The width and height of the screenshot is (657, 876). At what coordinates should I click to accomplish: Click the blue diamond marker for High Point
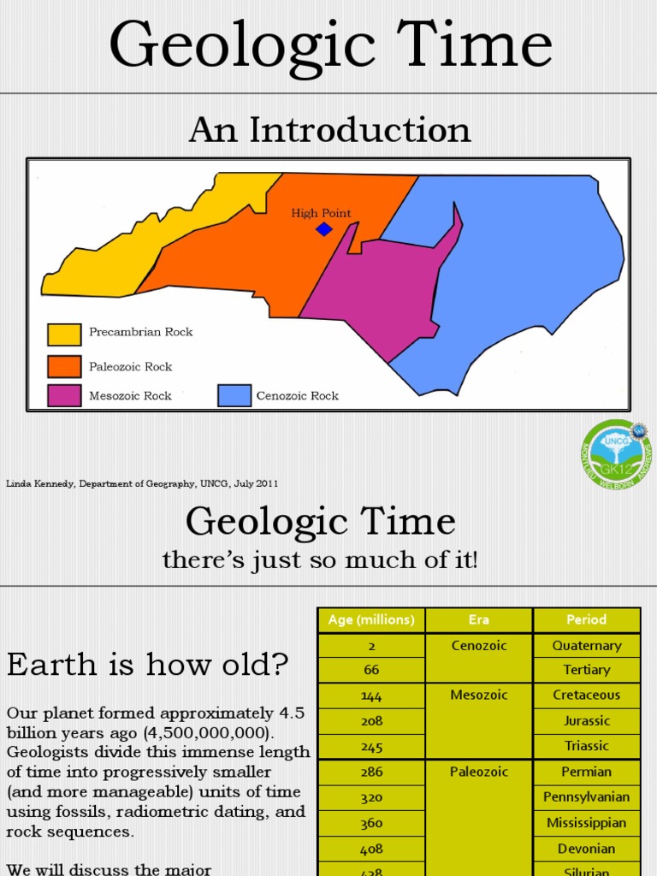pos(323,228)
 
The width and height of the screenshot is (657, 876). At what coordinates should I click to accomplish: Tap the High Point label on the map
pos(321,213)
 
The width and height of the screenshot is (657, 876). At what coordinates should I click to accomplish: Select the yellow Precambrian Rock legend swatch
pos(64,334)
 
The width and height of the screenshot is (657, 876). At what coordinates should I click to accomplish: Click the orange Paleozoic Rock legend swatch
pos(64,366)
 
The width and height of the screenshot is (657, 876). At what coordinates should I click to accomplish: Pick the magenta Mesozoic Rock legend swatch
pos(64,395)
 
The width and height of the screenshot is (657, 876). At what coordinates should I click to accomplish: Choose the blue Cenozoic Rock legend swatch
pos(234,395)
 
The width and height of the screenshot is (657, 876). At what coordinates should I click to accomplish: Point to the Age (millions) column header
pos(371,620)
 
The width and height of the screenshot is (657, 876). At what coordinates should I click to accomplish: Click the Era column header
pos(479,620)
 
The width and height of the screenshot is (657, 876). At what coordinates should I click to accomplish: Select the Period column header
pos(587,620)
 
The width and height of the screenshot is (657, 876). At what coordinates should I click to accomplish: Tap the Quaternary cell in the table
pos(587,646)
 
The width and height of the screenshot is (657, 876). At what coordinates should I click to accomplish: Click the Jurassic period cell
pos(587,721)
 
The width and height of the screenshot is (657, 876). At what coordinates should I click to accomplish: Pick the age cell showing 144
pos(371,695)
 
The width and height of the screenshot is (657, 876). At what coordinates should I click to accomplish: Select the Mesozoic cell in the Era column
pos(479,695)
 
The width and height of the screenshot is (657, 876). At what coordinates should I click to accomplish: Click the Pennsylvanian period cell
pos(587,797)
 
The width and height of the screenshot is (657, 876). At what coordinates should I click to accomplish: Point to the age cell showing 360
pos(371,823)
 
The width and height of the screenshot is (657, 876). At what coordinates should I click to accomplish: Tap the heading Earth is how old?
pos(148,664)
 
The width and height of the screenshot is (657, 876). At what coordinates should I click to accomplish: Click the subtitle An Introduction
pos(329,130)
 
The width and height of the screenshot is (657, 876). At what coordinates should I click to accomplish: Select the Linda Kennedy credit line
pos(142,483)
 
